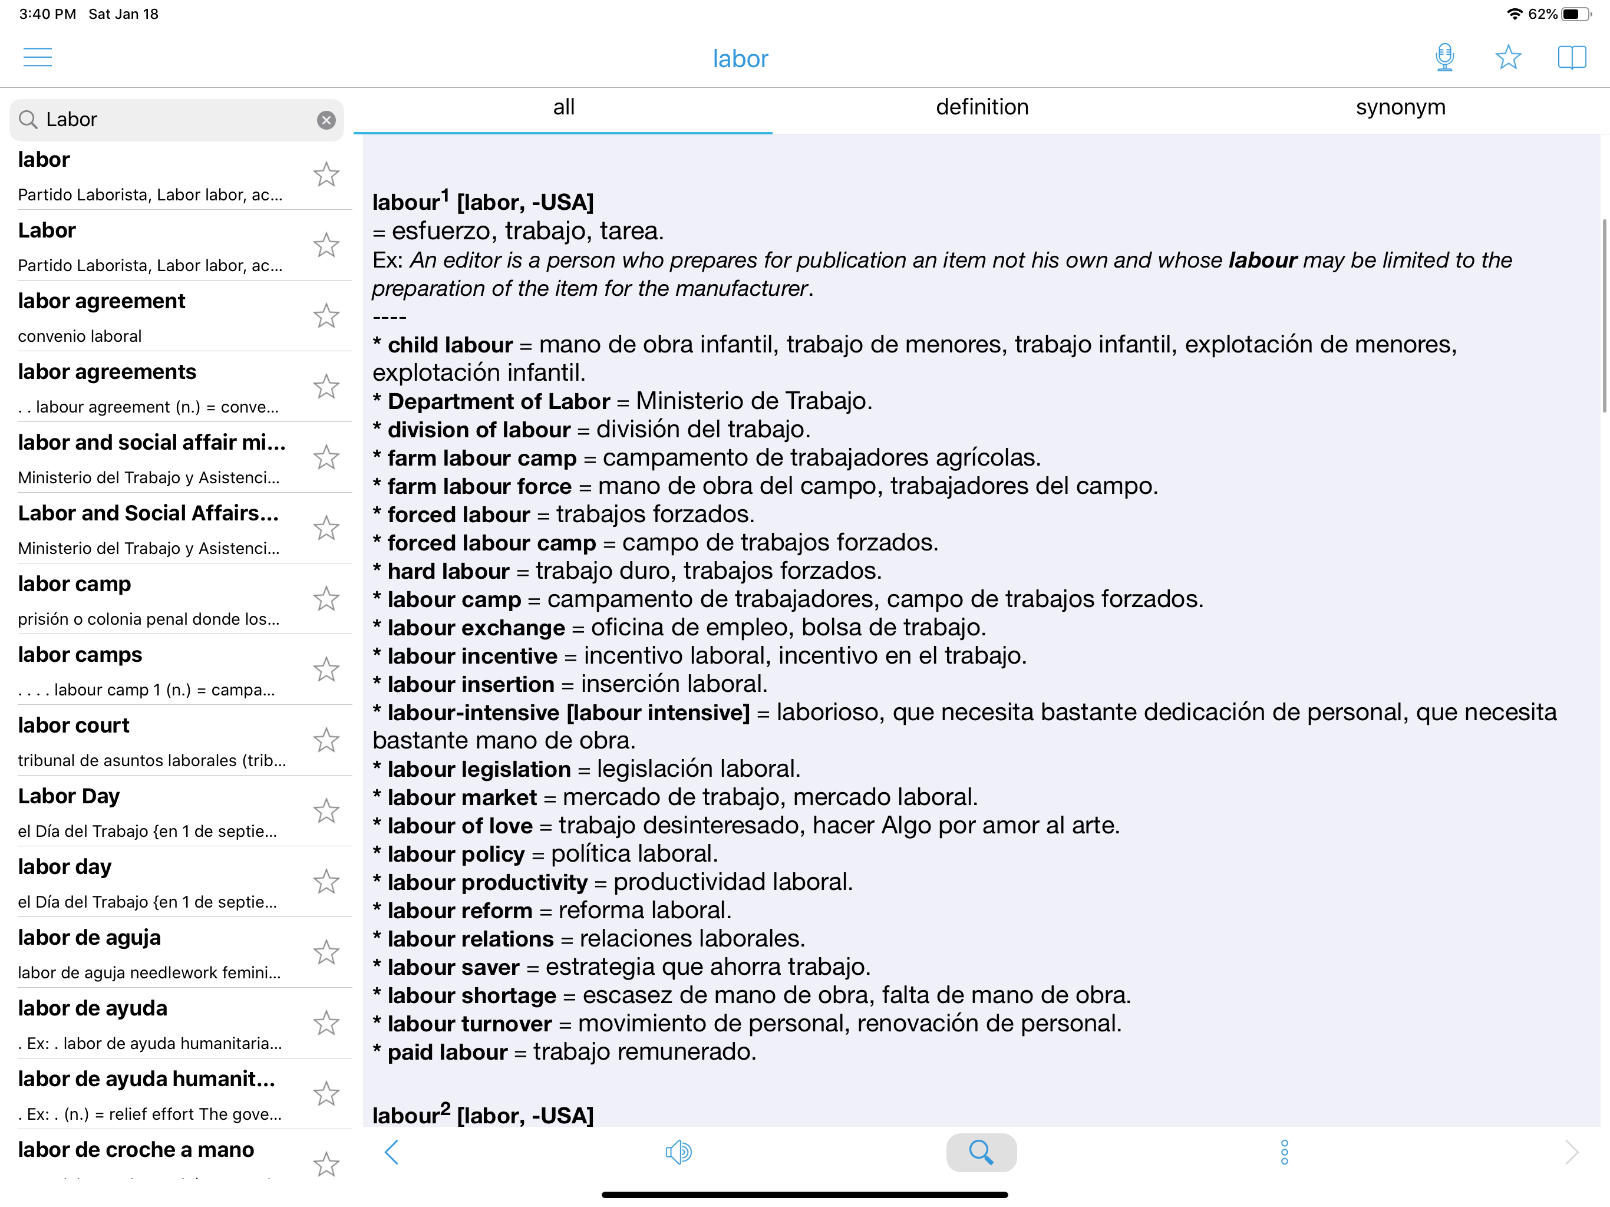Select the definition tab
[982, 107]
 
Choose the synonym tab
[1400, 107]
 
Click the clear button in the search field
[326, 120]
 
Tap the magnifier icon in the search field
[28, 120]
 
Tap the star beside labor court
[326, 740]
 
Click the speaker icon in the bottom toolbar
[678, 1152]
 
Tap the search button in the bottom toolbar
[981, 1152]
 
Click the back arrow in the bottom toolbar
[391, 1152]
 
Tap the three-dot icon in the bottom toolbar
[1284, 1152]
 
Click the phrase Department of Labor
[499, 401]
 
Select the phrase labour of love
[460, 826]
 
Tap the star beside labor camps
[326, 670]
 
